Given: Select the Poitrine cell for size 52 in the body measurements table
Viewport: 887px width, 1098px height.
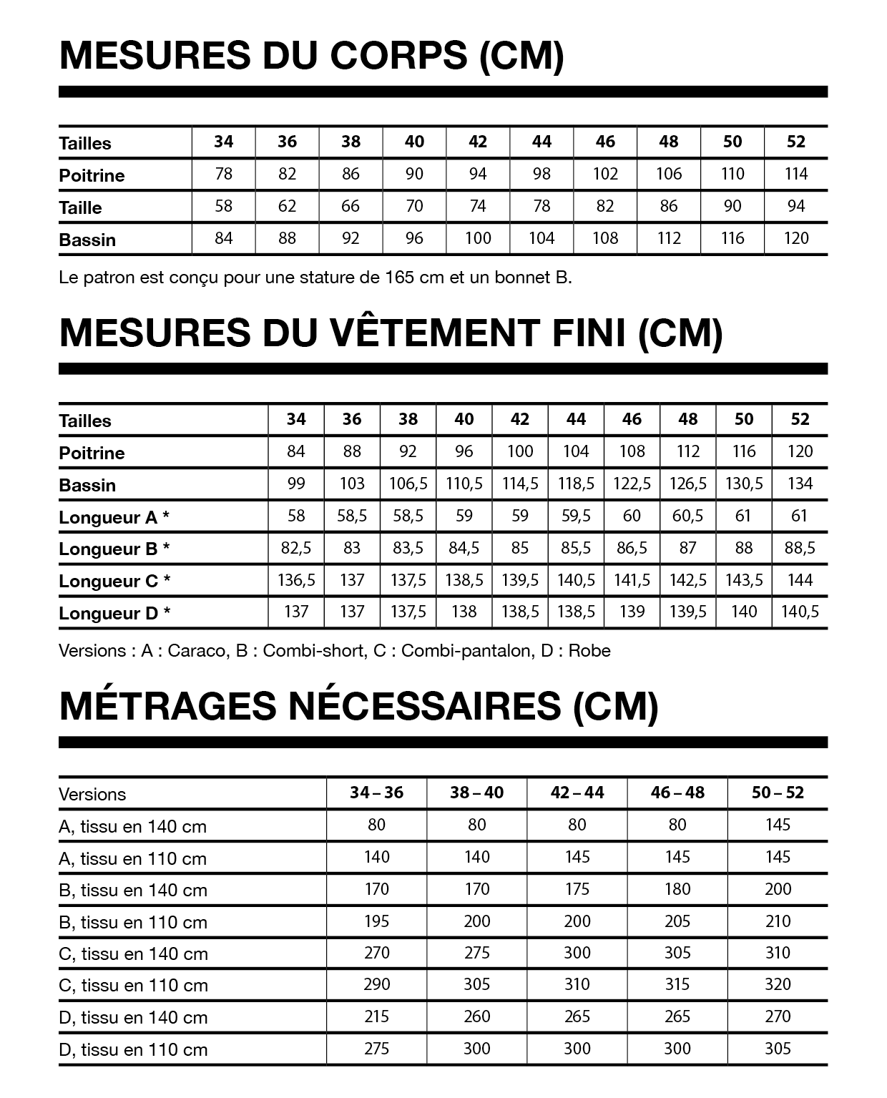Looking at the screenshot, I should coord(795,174).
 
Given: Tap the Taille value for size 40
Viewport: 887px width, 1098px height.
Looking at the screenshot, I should coord(414,206).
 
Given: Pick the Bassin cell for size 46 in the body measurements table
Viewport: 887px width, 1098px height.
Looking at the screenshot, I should coord(605,238).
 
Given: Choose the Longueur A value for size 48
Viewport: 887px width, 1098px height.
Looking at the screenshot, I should coord(687,516).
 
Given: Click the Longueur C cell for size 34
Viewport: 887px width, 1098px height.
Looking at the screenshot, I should coord(296,580).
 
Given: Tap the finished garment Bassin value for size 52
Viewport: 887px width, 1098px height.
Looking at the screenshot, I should coord(800,484).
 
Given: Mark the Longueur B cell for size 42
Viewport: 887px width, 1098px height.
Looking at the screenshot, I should coord(520,548).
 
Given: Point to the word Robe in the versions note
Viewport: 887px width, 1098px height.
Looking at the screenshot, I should coord(589,651).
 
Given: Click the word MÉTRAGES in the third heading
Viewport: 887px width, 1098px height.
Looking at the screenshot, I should coord(168,706).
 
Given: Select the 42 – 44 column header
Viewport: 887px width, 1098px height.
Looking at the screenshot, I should coord(577,793).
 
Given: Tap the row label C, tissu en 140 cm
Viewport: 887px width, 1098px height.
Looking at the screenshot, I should coord(133,954).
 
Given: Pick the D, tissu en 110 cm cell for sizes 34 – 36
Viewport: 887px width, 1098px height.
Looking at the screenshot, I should coord(376,1049).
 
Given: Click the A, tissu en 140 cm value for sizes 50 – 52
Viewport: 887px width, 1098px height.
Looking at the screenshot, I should coord(778,825).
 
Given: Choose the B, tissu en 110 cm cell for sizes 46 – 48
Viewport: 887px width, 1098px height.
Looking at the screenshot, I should coord(677,921).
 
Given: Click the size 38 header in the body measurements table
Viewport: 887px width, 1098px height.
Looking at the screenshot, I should coord(351,142).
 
